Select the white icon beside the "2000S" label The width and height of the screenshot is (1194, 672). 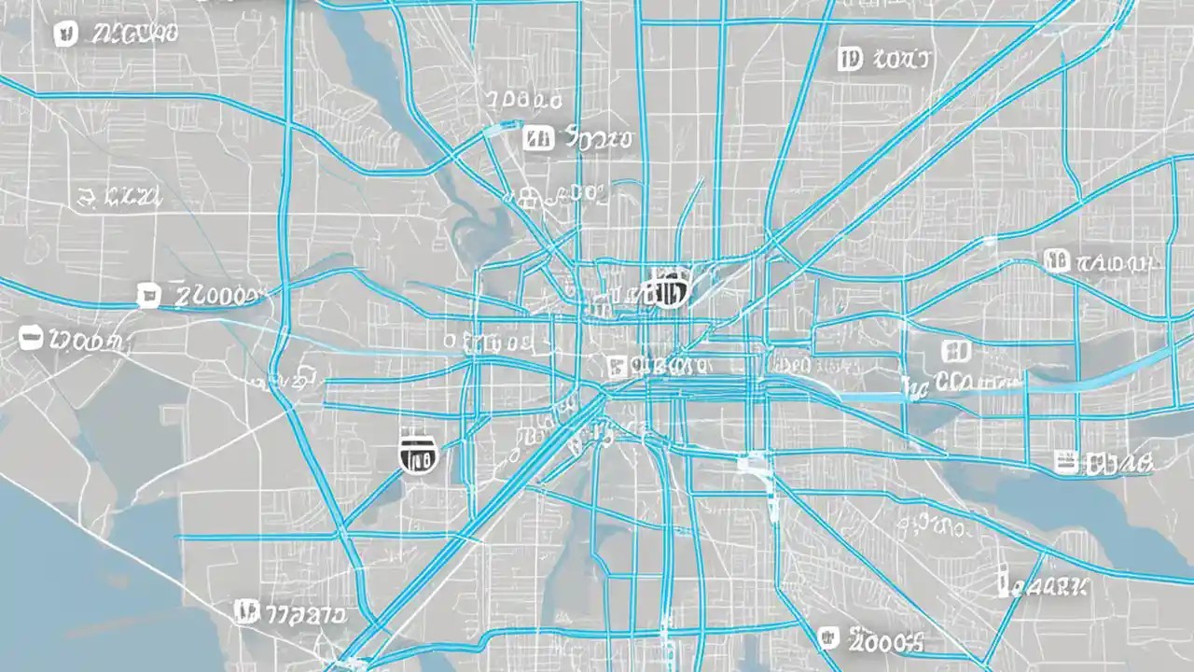(827, 637)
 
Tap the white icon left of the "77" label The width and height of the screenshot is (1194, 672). (245, 611)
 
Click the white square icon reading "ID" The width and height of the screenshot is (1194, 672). (849, 61)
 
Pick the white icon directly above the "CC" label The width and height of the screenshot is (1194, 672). (955, 351)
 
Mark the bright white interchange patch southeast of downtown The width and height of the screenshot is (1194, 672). (752, 461)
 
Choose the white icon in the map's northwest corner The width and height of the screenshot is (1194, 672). (65, 35)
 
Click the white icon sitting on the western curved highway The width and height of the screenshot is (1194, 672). (147, 297)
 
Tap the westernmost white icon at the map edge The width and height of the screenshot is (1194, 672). (31, 338)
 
